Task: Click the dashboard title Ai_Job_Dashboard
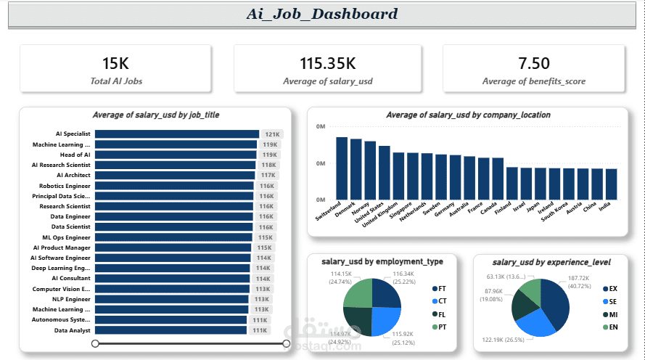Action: click(321, 14)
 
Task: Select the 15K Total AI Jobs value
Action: click(116, 64)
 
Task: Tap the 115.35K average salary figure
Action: click(327, 64)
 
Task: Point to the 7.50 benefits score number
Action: click(534, 64)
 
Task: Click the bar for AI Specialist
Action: click(177, 134)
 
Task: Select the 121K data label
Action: click(272, 134)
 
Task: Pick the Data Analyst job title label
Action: click(72, 330)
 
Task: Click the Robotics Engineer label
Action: click(65, 186)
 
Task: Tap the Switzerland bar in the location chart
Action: click(342, 168)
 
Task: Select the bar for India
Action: click(612, 184)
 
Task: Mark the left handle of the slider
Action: click(95, 343)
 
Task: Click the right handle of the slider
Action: click(285, 343)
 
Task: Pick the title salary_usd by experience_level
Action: click(551, 261)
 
